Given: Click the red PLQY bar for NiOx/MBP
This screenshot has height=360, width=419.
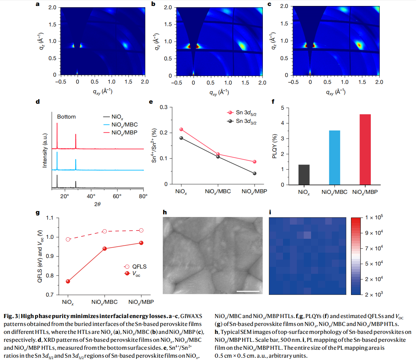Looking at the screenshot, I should [365, 149].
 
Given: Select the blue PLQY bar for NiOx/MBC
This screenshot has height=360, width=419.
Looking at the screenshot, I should [334, 158].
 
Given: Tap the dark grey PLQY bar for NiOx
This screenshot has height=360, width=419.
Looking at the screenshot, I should [304, 174].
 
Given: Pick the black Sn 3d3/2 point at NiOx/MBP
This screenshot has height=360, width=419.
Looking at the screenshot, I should [255, 173].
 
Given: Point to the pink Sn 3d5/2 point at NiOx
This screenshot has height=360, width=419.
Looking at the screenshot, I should [181, 129].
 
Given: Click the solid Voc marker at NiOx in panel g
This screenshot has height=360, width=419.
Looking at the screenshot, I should [68, 281].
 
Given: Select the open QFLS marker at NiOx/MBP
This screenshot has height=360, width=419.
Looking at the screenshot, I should [141, 230].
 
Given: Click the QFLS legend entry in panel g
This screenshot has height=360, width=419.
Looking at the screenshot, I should [135, 267].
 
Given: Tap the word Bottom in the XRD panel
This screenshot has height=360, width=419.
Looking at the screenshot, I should [66, 117].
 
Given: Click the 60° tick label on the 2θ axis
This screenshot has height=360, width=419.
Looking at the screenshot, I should [117, 196].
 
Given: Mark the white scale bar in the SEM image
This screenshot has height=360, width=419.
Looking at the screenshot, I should [248, 291].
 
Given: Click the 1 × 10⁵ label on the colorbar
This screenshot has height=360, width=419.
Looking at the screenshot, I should [374, 217].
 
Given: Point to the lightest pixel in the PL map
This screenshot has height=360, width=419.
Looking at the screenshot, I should [307, 235].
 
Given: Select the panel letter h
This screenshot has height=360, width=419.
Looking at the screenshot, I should [165, 212].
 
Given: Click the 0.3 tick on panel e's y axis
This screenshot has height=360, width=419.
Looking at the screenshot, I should [164, 107].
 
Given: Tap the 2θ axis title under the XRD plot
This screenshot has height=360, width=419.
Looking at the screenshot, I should [97, 204].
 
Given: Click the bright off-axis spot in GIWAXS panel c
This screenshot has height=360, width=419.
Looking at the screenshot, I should [359, 45].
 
